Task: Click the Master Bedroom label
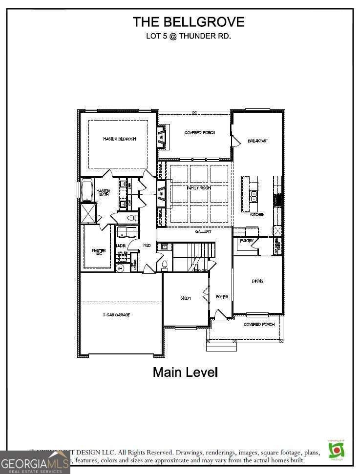120,139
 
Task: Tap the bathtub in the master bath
87,191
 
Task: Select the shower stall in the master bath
88,214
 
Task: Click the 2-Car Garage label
116,315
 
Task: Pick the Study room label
186,298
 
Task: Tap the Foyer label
222,297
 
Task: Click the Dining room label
257,281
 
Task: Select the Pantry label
247,241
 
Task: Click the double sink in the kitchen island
253,197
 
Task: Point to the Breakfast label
258,141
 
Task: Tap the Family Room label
199,187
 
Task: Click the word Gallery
203,231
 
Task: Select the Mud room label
147,246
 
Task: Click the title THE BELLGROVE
189,22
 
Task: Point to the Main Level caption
185,372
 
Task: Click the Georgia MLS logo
34,462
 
